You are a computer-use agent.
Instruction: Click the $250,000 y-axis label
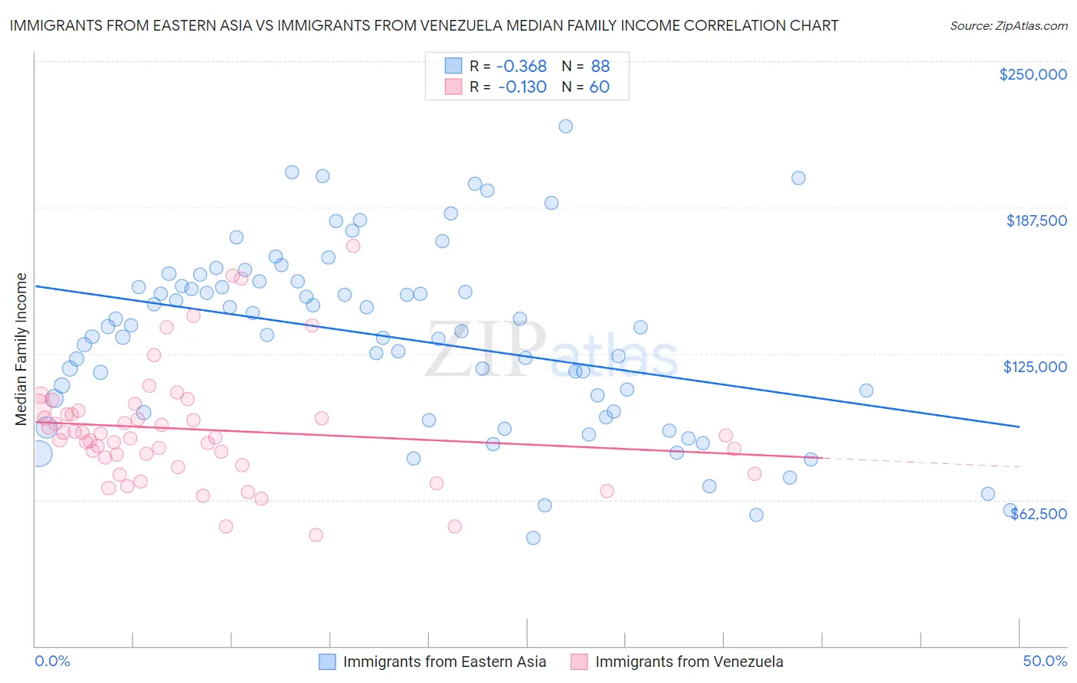point(1033,74)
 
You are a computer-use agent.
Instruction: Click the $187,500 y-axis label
point(1036,221)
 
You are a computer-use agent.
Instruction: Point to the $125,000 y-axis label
point(1035,367)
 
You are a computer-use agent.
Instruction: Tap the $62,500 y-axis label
point(1039,514)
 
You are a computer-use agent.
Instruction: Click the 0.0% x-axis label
point(53,661)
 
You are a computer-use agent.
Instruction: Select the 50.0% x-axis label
point(1045,661)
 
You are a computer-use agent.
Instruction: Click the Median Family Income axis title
point(21,348)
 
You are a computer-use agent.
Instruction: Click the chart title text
point(424,25)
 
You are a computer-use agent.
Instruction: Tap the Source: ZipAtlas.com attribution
point(1008,25)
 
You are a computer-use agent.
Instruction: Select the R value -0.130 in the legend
point(522,87)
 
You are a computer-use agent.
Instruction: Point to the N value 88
point(600,66)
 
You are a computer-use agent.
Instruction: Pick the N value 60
point(599,87)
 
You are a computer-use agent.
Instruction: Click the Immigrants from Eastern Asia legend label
point(444,662)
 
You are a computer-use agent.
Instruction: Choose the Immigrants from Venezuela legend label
point(689,662)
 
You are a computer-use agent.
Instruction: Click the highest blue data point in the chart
point(565,126)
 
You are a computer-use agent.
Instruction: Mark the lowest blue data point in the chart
point(533,538)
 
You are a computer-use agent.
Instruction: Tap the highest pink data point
point(353,246)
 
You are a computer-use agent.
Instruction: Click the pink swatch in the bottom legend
point(579,662)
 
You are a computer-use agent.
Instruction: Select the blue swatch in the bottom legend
point(327,662)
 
